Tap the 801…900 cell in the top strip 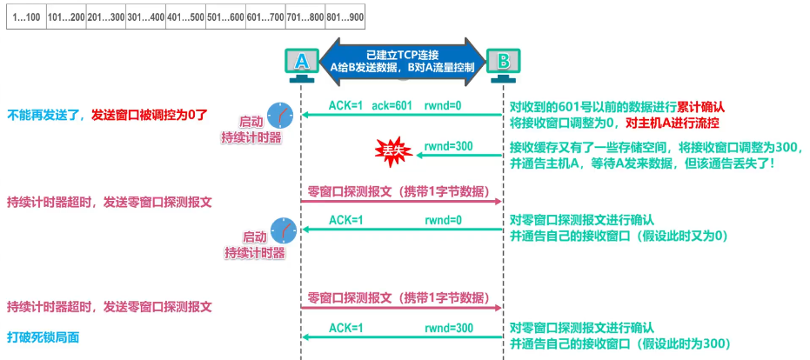point(345,17)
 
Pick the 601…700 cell point(264,17)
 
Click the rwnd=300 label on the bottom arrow point(448,328)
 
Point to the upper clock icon point(281,115)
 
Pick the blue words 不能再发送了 point(43,114)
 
